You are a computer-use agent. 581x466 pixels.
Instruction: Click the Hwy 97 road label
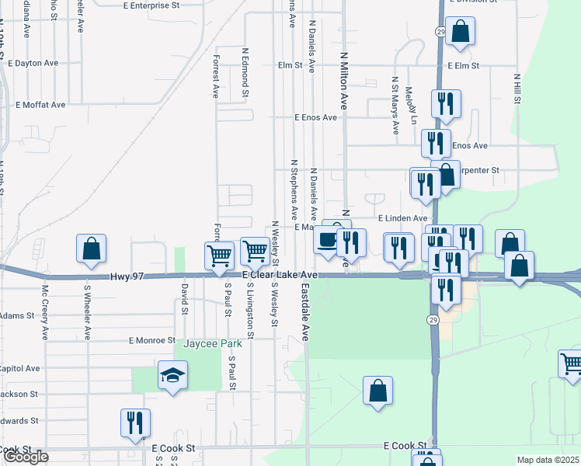click(x=128, y=276)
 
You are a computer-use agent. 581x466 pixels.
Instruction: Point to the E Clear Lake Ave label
click(x=280, y=276)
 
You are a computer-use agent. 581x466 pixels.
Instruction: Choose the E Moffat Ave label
click(x=43, y=104)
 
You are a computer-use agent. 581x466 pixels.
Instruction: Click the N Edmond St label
click(x=245, y=71)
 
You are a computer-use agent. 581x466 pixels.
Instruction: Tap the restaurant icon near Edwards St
click(x=135, y=423)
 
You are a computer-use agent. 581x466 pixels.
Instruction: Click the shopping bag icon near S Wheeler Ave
click(x=92, y=249)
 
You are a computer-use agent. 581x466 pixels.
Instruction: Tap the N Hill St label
click(x=517, y=89)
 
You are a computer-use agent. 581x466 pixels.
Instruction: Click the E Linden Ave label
click(x=402, y=219)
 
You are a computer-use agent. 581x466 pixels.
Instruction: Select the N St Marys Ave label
click(x=395, y=100)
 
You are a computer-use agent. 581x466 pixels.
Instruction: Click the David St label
click(x=185, y=298)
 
